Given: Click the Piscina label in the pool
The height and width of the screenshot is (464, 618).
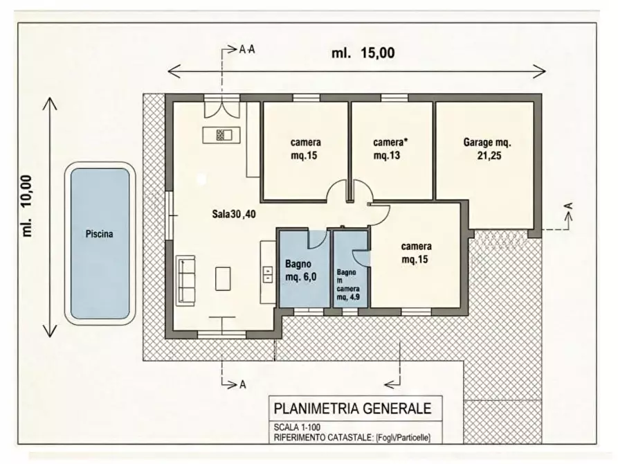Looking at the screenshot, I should click(x=100, y=234).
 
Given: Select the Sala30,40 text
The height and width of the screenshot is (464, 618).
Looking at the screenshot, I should click(x=234, y=214).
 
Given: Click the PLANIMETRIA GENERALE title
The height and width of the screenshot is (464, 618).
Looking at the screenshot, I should click(x=353, y=408).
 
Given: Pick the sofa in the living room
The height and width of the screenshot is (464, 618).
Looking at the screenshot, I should click(x=185, y=280).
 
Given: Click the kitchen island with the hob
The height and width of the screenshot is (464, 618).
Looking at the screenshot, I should click(x=221, y=135).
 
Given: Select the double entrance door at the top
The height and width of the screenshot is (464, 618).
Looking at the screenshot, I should click(x=222, y=110).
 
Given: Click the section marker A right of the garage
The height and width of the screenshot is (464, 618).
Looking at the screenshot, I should click(x=567, y=206).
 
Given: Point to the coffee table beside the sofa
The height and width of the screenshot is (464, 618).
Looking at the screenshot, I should click(x=223, y=278).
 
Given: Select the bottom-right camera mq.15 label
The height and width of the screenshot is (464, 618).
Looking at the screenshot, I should click(x=417, y=253).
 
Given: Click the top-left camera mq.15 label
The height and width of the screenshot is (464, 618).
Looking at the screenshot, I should click(x=305, y=149).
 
